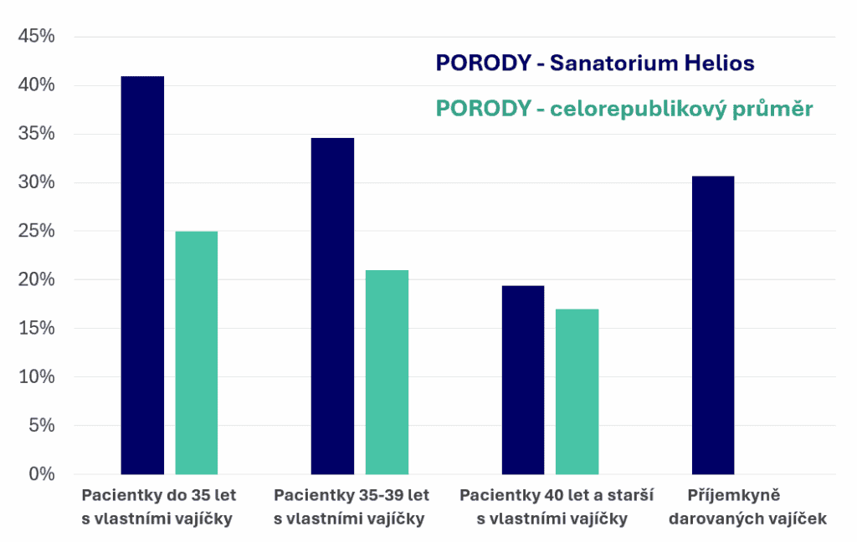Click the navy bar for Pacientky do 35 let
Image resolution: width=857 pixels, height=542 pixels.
click(142, 275)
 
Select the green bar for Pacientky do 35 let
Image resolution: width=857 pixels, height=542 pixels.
click(197, 353)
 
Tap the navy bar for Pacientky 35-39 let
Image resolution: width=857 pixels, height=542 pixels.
click(332, 306)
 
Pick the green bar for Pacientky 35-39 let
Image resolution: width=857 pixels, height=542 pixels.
click(387, 372)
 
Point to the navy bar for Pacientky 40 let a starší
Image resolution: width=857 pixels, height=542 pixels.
click(523, 380)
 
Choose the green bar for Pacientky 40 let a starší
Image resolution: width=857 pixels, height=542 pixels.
click(577, 391)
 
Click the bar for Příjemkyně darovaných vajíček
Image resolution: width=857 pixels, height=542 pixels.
click(713, 325)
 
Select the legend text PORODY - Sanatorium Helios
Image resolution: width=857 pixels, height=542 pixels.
click(595, 64)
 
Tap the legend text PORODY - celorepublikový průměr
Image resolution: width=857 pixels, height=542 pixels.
click(624, 109)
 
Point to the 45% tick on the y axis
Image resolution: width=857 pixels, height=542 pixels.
click(37, 37)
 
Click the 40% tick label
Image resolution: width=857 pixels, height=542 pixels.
click(37, 85)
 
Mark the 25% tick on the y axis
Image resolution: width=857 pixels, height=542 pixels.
click(37, 232)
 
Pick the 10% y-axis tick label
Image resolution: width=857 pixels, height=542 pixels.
click(37, 377)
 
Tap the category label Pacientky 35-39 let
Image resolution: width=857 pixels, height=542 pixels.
click(351, 506)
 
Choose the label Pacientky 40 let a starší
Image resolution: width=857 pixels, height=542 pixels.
click(557, 506)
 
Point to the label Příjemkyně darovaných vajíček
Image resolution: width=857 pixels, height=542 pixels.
click(747, 506)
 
